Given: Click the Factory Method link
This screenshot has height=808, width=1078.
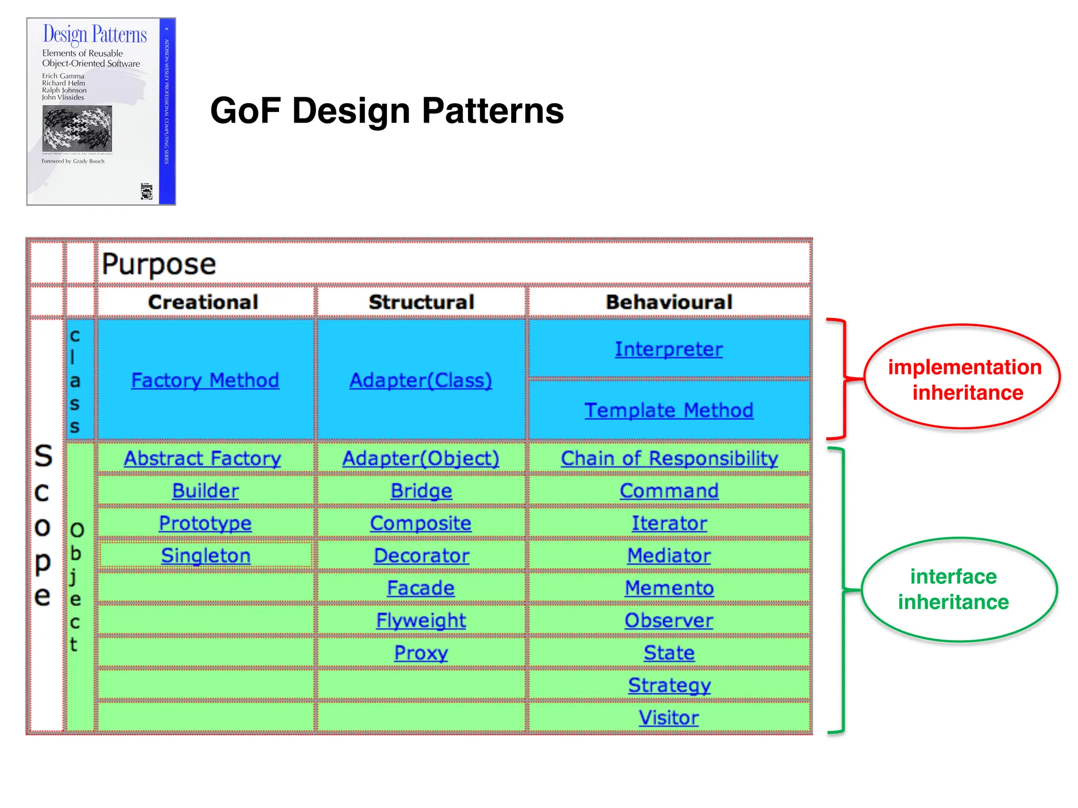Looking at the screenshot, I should click(x=205, y=380).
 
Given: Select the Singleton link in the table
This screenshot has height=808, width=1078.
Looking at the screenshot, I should click(x=206, y=555).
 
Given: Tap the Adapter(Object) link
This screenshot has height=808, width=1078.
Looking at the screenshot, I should click(x=421, y=458).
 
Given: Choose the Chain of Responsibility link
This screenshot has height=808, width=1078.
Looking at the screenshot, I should click(x=669, y=458).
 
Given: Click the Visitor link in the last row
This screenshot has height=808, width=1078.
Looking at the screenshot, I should click(x=668, y=718).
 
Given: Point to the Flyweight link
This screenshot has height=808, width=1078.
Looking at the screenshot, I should click(x=421, y=620).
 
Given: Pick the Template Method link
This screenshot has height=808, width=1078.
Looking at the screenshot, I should click(x=668, y=410).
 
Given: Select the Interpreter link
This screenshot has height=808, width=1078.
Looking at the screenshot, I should click(x=668, y=349).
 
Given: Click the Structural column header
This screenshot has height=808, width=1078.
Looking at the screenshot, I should click(x=421, y=302).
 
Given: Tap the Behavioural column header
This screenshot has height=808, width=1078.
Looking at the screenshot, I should click(x=668, y=302).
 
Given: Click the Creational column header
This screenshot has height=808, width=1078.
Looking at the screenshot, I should click(x=203, y=302).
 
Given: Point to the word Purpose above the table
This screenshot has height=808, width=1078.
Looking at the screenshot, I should click(x=159, y=264).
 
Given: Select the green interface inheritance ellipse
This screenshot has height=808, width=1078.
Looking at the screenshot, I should click(x=959, y=589).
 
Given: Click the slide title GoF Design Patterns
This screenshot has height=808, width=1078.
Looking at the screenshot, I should click(x=387, y=110).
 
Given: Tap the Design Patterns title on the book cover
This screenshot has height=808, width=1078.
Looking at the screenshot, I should click(x=95, y=35).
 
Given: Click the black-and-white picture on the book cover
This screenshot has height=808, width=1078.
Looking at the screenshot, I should click(x=77, y=128).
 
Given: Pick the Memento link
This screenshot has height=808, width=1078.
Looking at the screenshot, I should click(x=668, y=588).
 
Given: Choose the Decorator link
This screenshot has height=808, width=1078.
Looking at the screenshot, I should click(x=421, y=555).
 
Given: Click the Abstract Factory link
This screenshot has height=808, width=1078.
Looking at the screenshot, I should click(x=203, y=458).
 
